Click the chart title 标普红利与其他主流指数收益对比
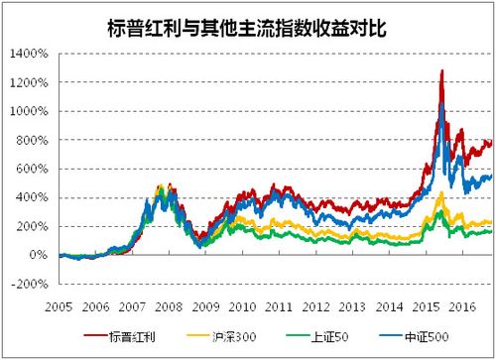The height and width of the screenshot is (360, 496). pyautogui.click(x=247, y=21)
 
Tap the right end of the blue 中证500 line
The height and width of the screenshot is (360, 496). pyautogui.click(x=491, y=177)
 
